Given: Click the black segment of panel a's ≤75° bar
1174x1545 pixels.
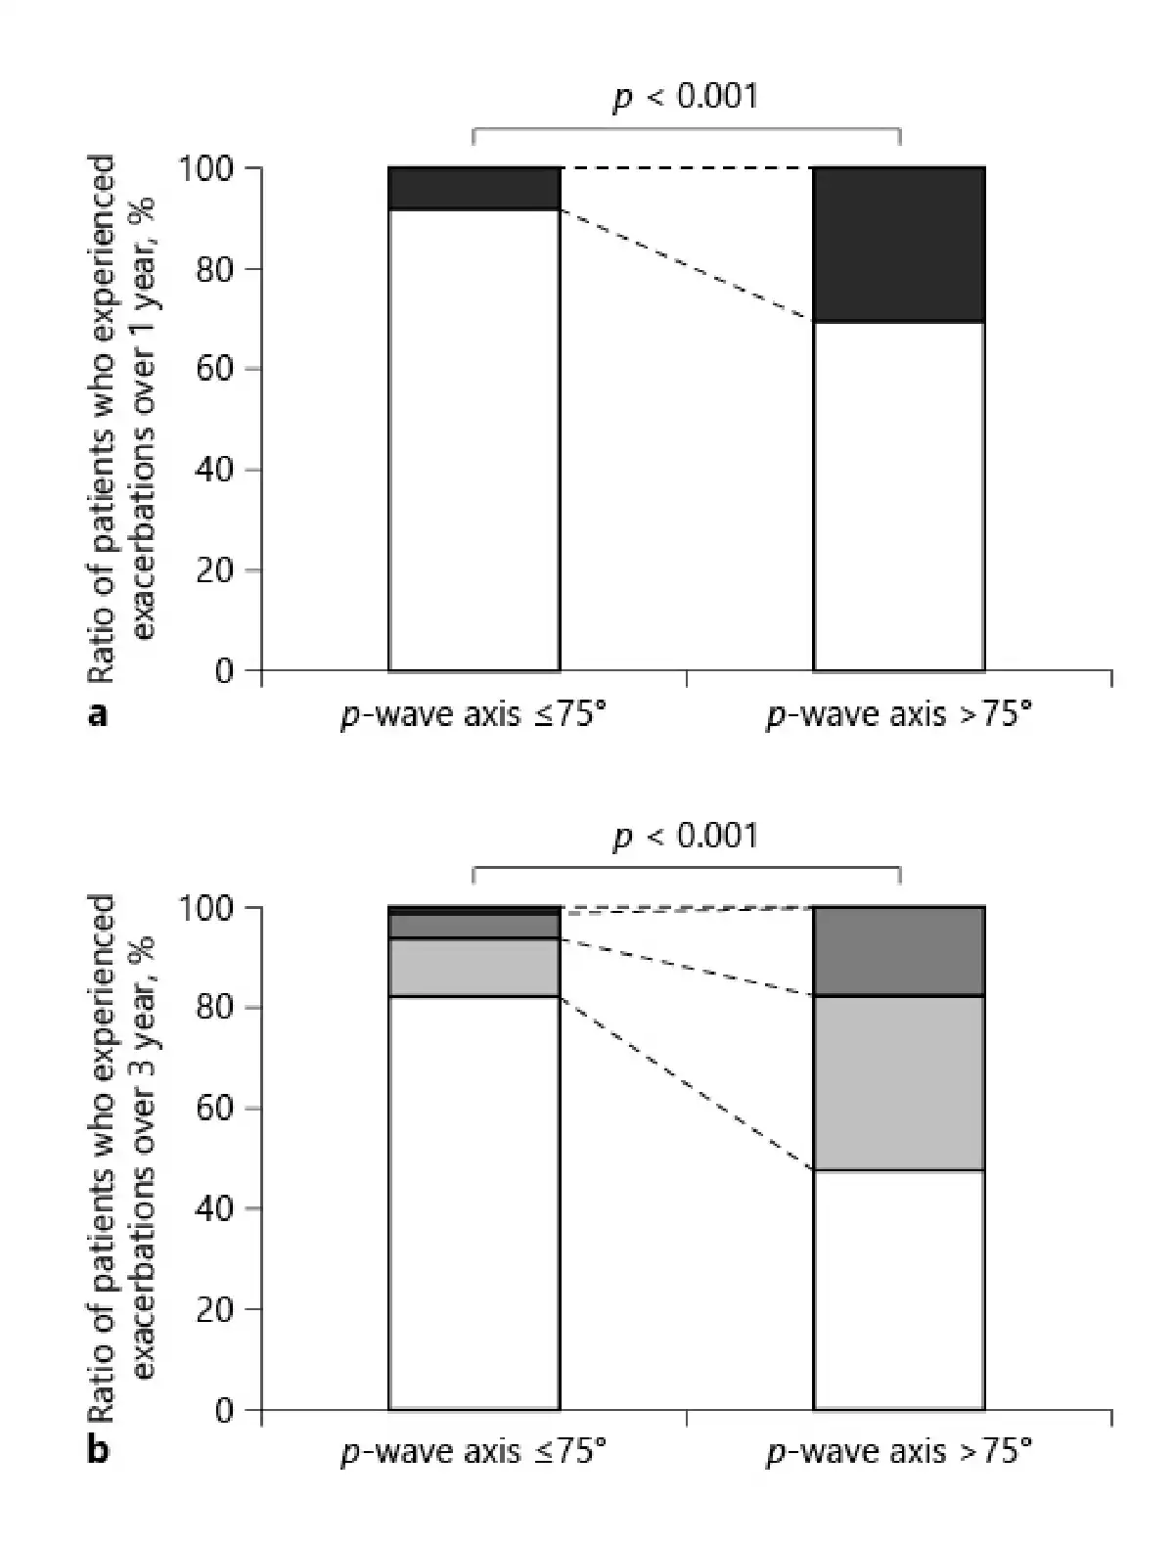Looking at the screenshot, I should pos(474,188).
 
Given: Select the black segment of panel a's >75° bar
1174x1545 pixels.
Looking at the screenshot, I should pos(898,244).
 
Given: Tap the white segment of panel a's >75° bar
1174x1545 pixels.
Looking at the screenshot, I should pos(898,495).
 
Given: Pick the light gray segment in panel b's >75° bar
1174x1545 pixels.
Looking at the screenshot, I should pos(898,1082).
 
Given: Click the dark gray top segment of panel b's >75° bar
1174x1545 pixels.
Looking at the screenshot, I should pos(898,951).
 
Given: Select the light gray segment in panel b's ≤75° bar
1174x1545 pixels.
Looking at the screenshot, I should pos(474,967).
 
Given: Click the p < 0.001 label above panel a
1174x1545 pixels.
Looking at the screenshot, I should pos(685,96).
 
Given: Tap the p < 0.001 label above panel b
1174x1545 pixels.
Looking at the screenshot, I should pos(685,836).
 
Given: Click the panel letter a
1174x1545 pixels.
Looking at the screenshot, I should pos(97,716).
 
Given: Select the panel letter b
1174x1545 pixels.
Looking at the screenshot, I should pos(97,1450).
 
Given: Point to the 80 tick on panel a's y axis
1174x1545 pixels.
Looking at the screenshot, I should pos(215,269).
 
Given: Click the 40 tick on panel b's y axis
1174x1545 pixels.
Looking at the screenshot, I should pos(215,1209).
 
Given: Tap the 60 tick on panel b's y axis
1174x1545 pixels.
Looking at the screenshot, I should pos(215,1109).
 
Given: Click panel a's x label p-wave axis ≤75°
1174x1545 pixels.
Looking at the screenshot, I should pos(474,716).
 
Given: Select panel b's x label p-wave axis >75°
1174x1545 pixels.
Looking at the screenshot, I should pos(898,1450).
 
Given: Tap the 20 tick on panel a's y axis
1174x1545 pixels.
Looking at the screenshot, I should pos(215,570).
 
